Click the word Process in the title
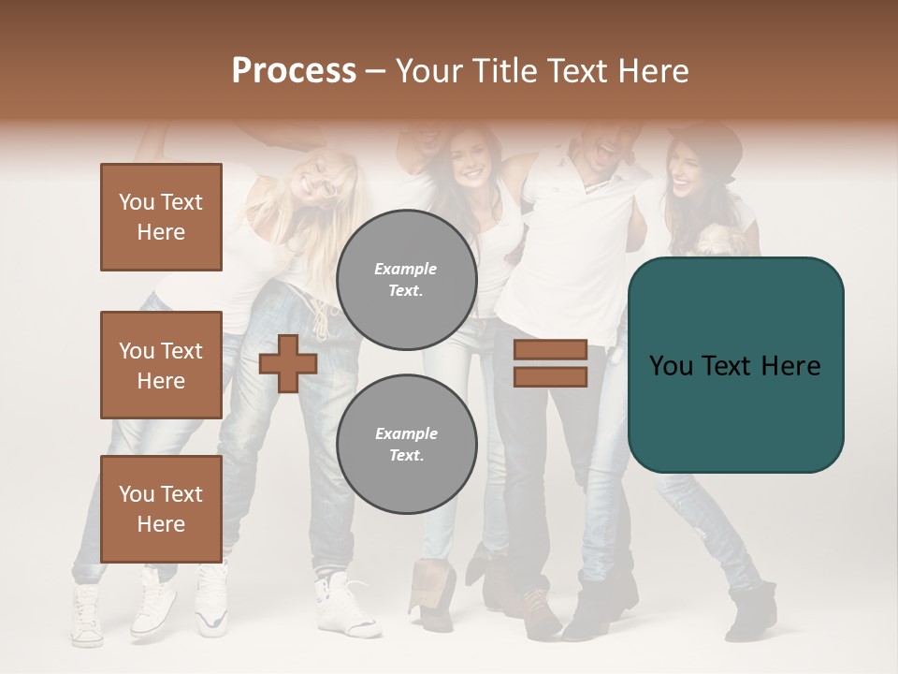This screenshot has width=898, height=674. pos(294,70)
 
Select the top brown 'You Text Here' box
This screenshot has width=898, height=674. pos(161,217)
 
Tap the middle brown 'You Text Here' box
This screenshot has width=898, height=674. pos(161,365)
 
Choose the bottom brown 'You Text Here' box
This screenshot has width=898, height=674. pos(161,509)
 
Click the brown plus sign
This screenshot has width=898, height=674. pos(288,363)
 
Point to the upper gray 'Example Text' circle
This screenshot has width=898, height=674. pos(406,280)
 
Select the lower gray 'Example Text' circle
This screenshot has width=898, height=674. pos(406,445)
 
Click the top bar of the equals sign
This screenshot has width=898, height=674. pos(550,350)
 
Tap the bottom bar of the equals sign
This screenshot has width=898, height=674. pos(550,376)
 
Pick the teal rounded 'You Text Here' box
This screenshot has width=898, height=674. pos(735,365)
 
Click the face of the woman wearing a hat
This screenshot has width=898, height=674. pos(689,170)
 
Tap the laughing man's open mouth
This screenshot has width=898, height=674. pos(606,149)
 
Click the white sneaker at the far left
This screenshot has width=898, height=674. pos(88,617)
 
